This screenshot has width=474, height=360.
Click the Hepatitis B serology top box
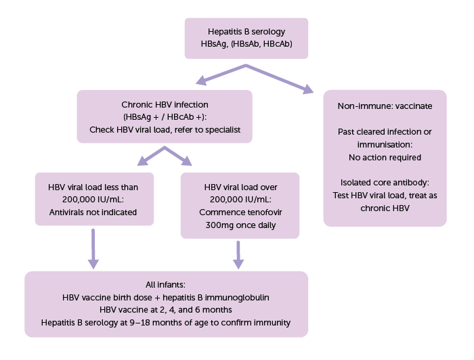click(x=246, y=39)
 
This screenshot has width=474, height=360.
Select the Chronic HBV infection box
click(x=165, y=117)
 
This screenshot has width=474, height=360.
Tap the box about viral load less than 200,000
click(x=94, y=199)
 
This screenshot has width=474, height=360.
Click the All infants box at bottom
click(x=166, y=304)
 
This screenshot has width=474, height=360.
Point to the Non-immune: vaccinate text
click(x=385, y=106)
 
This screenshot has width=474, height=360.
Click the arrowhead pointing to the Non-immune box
click(x=307, y=89)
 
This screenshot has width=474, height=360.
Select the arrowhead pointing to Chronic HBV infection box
click(x=200, y=83)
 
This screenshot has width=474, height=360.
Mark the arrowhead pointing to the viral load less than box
click(x=143, y=160)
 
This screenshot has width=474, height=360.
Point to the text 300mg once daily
click(x=240, y=225)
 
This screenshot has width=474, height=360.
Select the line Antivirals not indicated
click(x=94, y=212)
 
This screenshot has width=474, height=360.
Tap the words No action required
click(x=385, y=158)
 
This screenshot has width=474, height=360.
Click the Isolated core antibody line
click(x=385, y=183)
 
